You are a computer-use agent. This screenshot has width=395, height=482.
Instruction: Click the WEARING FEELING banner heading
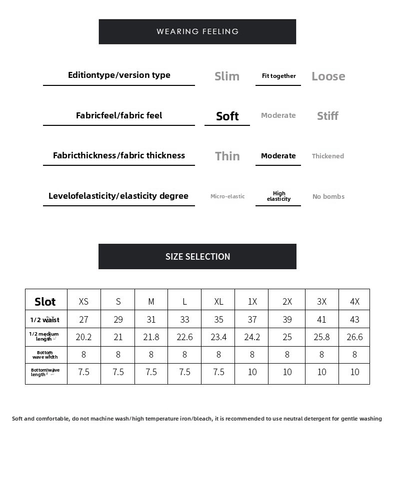click(197, 31)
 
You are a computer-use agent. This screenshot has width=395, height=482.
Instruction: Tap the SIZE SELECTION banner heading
click(197, 257)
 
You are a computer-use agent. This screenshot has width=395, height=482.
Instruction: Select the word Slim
click(227, 76)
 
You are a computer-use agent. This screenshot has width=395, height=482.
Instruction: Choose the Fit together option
click(278, 76)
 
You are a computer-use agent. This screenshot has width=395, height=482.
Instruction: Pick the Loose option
click(328, 76)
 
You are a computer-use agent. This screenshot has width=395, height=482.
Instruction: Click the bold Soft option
click(227, 116)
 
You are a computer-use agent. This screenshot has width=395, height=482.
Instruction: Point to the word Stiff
click(327, 116)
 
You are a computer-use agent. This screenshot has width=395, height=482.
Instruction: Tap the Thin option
click(227, 156)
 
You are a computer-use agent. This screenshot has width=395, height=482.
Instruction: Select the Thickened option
click(327, 156)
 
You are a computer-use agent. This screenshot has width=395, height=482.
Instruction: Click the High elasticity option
click(278, 196)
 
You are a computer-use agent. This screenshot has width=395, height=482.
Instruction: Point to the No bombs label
click(328, 197)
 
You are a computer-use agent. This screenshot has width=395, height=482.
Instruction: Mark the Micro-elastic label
click(227, 196)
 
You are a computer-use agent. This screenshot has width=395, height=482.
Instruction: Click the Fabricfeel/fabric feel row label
click(119, 115)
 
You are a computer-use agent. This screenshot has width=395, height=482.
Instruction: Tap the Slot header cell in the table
click(45, 302)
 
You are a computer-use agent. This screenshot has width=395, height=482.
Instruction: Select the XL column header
click(218, 302)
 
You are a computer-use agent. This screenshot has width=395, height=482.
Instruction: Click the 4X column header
click(354, 302)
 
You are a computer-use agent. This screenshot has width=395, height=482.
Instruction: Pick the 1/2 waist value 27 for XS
click(83, 320)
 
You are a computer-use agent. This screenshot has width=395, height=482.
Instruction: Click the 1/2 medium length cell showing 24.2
click(252, 337)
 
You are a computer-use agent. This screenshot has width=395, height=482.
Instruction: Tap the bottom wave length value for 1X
click(252, 372)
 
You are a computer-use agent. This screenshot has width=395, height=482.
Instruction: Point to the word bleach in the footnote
click(203, 419)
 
